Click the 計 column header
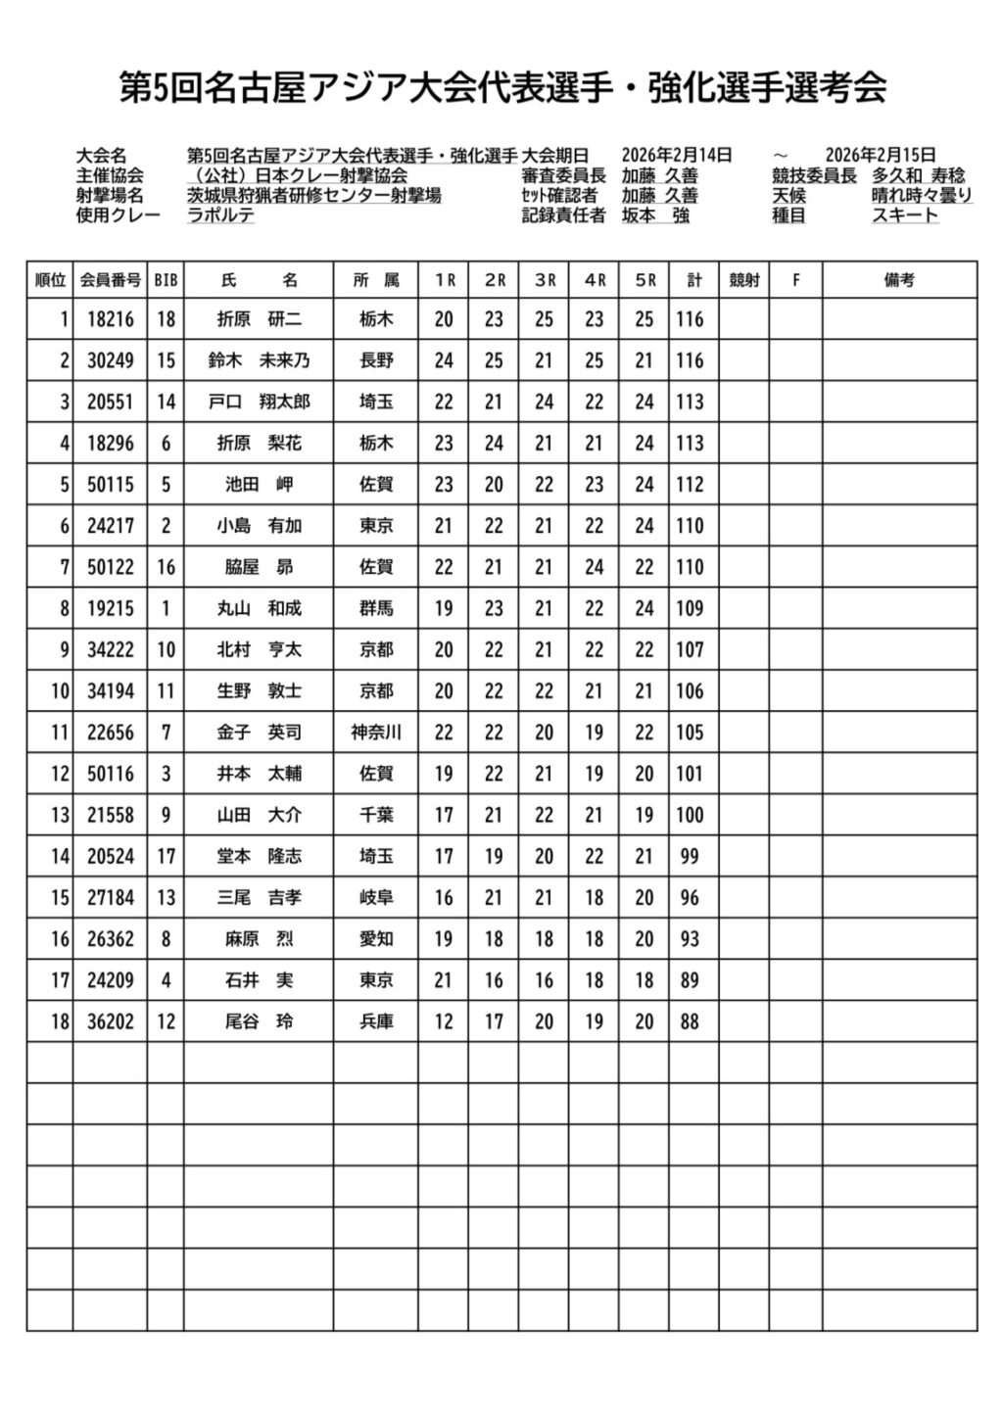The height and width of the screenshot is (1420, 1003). pyautogui.click(x=693, y=280)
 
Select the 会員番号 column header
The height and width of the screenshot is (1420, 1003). pyautogui.click(x=110, y=280)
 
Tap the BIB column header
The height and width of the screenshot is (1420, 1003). pyautogui.click(x=166, y=280)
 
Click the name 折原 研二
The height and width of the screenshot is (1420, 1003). pyautogui.click(x=259, y=319)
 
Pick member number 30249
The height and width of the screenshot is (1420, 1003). pyautogui.click(x=110, y=360)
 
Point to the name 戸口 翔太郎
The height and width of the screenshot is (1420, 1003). pyautogui.click(x=259, y=402)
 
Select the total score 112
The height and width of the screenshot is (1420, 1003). pyautogui.click(x=690, y=485)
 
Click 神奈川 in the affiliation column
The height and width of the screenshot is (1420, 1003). pyautogui.click(x=376, y=733)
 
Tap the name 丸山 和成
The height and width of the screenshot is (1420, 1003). pyautogui.click(x=259, y=608)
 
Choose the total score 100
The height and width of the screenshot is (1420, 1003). pyautogui.click(x=690, y=815)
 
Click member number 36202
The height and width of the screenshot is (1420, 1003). pyautogui.click(x=110, y=1021)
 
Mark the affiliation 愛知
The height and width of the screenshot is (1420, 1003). pyautogui.click(x=376, y=939)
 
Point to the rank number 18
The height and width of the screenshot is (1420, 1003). pyautogui.click(x=60, y=1021)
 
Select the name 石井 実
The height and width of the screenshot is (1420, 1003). pyautogui.click(x=259, y=980)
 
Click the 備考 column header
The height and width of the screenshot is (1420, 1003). pyautogui.click(x=899, y=280)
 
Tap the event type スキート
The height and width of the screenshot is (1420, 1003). pyautogui.click(x=905, y=215)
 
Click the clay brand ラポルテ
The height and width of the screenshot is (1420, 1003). pyautogui.click(x=220, y=215)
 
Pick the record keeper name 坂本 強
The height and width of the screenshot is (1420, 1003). pyautogui.click(x=655, y=215)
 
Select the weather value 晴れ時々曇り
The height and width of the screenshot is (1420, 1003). pyautogui.click(x=922, y=196)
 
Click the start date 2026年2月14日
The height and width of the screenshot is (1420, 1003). pyautogui.click(x=677, y=155)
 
